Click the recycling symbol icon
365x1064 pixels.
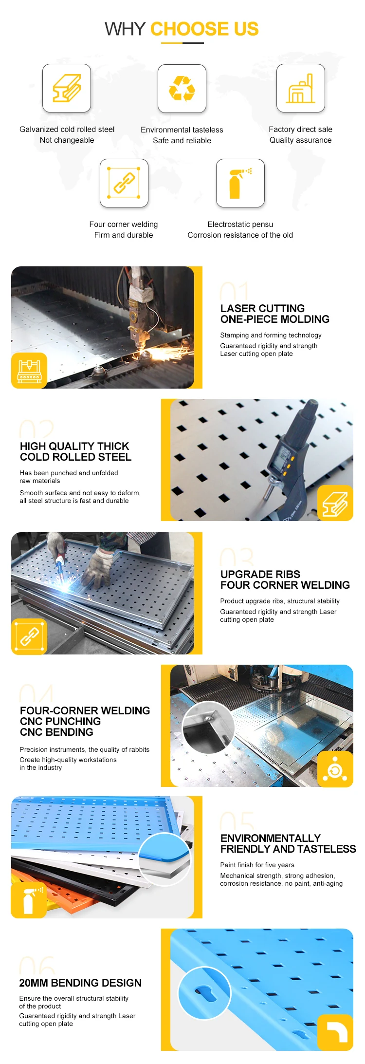pyautogui.click(x=182, y=88)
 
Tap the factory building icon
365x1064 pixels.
pyautogui.click(x=300, y=88)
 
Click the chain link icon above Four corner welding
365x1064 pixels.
pyautogui.click(x=124, y=183)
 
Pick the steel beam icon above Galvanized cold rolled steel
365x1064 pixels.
pyautogui.click(x=67, y=88)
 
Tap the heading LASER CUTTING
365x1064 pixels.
pyautogui.click(x=262, y=308)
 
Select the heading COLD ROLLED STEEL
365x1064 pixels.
pyautogui.click(x=75, y=457)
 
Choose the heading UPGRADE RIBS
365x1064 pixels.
pyautogui.click(x=260, y=574)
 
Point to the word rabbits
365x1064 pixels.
pyautogui.click(x=139, y=749)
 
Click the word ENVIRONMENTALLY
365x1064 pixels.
pyautogui.click(x=270, y=838)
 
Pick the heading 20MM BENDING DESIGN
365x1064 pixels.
pyautogui.click(x=80, y=983)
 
